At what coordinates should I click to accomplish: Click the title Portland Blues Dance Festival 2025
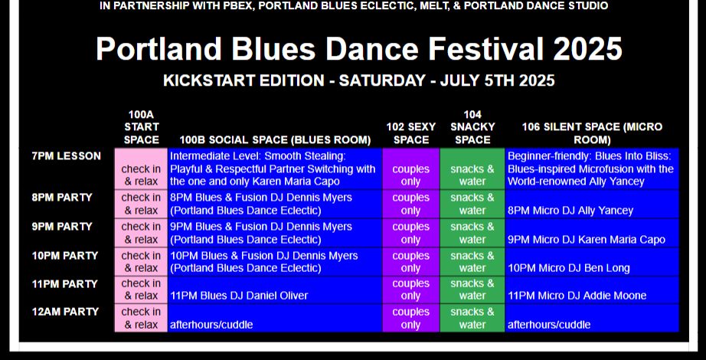coord(359,49)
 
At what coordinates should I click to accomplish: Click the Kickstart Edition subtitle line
coord(359,80)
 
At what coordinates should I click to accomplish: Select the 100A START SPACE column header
coord(142,127)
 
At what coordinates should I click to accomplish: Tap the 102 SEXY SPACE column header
coord(410,133)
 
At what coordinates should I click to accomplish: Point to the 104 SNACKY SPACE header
coord(472,127)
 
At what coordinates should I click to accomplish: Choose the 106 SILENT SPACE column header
coord(592,133)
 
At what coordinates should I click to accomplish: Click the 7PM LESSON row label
coord(66,156)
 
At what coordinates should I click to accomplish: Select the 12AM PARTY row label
coord(65,312)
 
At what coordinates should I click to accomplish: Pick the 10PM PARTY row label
coord(65,256)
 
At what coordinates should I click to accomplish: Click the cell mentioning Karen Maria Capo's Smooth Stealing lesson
coord(275,169)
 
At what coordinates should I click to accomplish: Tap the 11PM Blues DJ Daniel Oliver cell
coord(275,290)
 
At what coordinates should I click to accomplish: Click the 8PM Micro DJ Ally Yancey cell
coord(592,204)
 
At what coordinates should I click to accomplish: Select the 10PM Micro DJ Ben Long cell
coord(592,262)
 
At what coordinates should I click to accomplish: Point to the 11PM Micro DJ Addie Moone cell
coord(592,290)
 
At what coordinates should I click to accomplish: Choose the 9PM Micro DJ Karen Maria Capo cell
coord(592,233)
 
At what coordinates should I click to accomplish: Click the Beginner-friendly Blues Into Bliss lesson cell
coord(592,169)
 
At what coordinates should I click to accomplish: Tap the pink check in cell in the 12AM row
coord(141,318)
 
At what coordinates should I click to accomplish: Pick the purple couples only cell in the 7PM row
coord(410,169)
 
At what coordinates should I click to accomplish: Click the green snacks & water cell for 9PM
coord(472,233)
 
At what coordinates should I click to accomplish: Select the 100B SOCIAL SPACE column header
coord(275,139)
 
